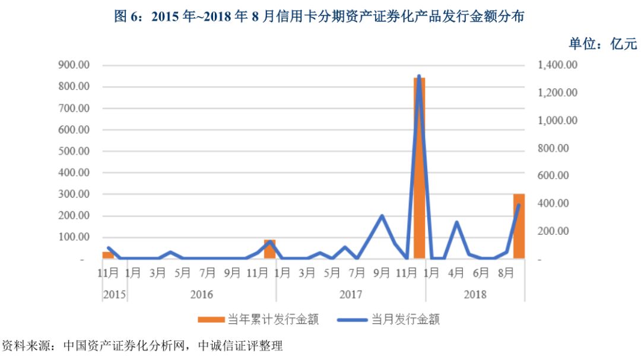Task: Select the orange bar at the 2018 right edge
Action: click(519, 226)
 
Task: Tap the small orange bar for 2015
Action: click(107, 255)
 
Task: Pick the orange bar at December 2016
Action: click(269, 250)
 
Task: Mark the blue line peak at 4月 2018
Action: click(456, 222)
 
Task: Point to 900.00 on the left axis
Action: click(74, 65)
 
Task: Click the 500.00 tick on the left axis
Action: click(74, 151)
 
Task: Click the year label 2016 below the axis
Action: click(201, 294)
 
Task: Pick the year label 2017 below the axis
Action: click(351, 294)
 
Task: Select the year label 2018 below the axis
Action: click(475, 294)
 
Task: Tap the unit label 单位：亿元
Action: click(602, 43)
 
